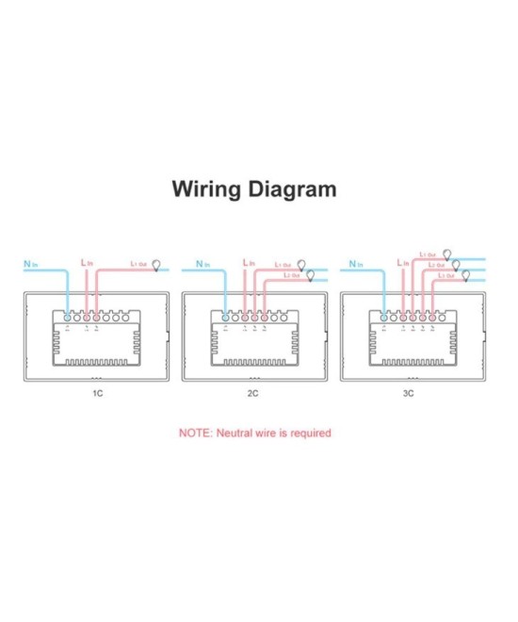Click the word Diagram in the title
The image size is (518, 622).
coord(293,188)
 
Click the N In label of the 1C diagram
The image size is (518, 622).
coord(31,265)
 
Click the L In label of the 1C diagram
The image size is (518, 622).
coord(88,263)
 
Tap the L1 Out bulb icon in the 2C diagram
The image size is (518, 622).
coord(302,265)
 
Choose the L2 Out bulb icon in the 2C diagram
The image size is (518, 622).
coord(311,275)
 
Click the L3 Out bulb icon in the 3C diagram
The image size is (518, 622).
coord(466,275)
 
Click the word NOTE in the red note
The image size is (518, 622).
coord(196,434)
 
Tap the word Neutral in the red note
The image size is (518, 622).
coord(235,434)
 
